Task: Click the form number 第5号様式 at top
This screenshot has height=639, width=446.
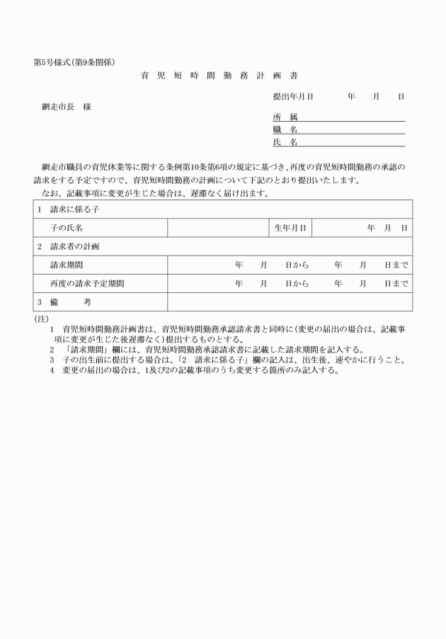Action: click(x=51, y=62)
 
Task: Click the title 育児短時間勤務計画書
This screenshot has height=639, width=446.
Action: click(x=223, y=75)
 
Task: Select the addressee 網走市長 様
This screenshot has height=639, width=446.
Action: click(x=67, y=107)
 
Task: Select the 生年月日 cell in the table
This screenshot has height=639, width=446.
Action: click(x=290, y=229)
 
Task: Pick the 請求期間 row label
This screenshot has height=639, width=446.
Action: click(x=67, y=265)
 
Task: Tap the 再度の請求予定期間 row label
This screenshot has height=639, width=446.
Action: click(x=87, y=284)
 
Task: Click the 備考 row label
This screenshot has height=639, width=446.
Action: click(x=71, y=302)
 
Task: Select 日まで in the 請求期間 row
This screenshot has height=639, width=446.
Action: click(x=396, y=265)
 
